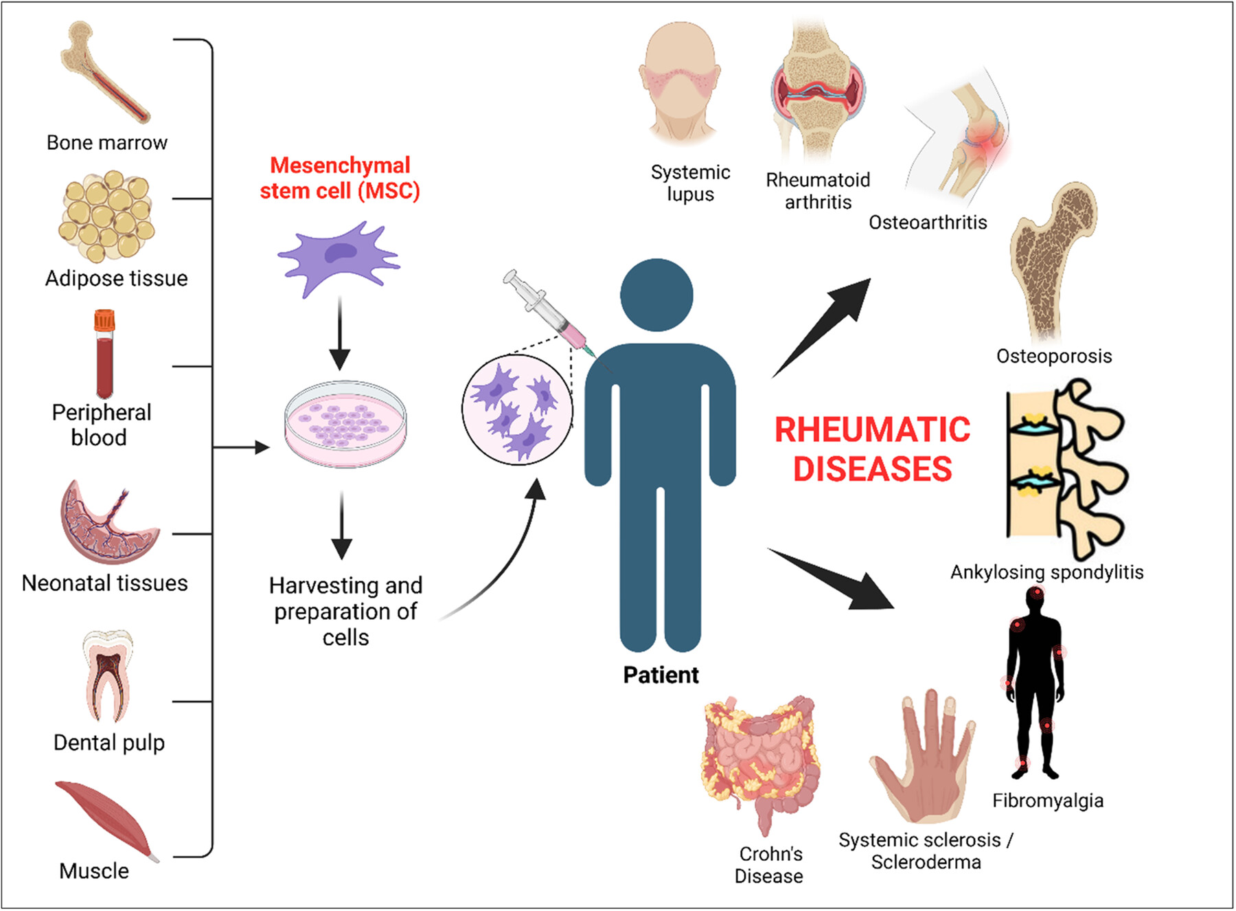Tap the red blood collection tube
(104, 354)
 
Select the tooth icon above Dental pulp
(108, 676)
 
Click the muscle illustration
(107, 820)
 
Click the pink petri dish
(345, 424)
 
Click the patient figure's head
(656, 295)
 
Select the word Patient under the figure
(661, 675)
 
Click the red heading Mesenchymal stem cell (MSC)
(340, 178)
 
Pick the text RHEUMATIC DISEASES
(872, 449)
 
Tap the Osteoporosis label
(1054, 356)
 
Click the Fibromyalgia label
(1048, 800)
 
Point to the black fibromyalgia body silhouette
(1036, 684)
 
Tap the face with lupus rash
(680, 82)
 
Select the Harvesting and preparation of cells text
(345, 611)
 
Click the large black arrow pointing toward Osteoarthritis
(822, 328)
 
